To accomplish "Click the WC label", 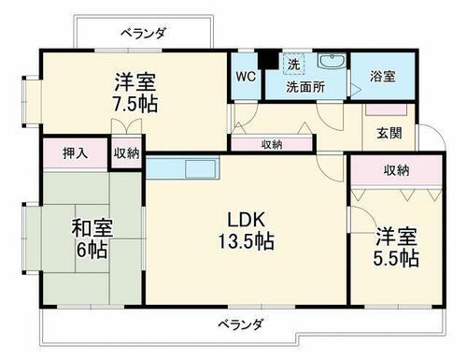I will pyautogui.click(x=245, y=76).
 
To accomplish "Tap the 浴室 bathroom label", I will pyautogui.click(x=381, y=76).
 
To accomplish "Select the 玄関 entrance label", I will pyautogui.click(x=389, y=133).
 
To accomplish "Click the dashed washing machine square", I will pyautogui.click(x=293, y=64).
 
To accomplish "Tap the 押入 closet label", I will pyautogui.click(x=75, y=152).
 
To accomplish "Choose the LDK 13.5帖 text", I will pyautogui.click(x=246, y=230).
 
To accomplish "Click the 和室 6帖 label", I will pyautogui.click(x=90, y=238).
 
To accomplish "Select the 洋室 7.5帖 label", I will pyautogui.click(x=131, y=91).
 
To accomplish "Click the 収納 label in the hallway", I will pyautogui.click(x=272, y=144).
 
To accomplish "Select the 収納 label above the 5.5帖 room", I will pyautogui.click(x=395, y=169).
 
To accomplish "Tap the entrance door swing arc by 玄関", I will pyautogui.click(x=422, y=136).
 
